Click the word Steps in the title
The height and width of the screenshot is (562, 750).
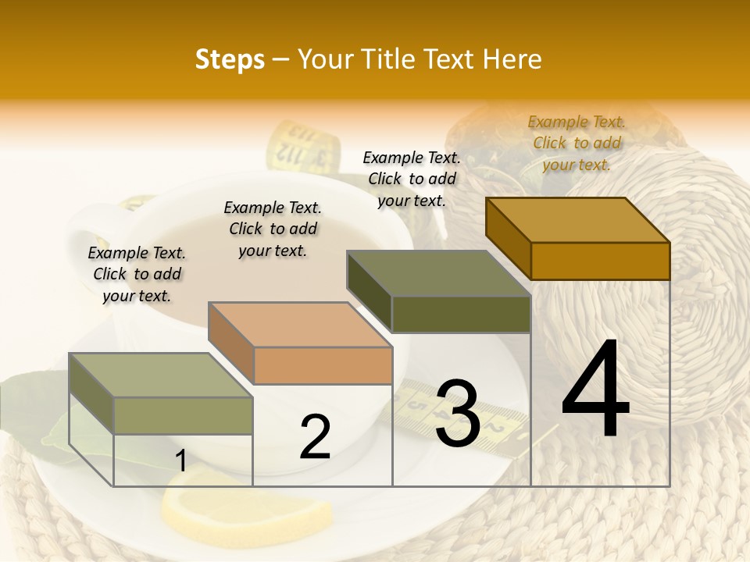(x=230, y=59)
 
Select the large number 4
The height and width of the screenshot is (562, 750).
(x=595, y=389)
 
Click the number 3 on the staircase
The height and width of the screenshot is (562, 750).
(x=458, y=413)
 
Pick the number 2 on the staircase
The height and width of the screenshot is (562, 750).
(x=316, y=437)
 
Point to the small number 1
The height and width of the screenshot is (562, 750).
(x=180, y=461)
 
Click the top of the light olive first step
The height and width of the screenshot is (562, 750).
(x=161, y=375)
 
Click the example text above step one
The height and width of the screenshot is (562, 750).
(x=137, y=274)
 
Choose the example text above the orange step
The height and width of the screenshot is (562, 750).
(x=273, y=229)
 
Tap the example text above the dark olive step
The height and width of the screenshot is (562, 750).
(x=412, y=179)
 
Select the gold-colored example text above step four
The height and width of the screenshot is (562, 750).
(x=577, y=143)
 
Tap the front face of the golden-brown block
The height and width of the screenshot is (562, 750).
(x=600, y=261)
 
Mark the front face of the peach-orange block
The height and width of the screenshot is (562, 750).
(x=323, y=365)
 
